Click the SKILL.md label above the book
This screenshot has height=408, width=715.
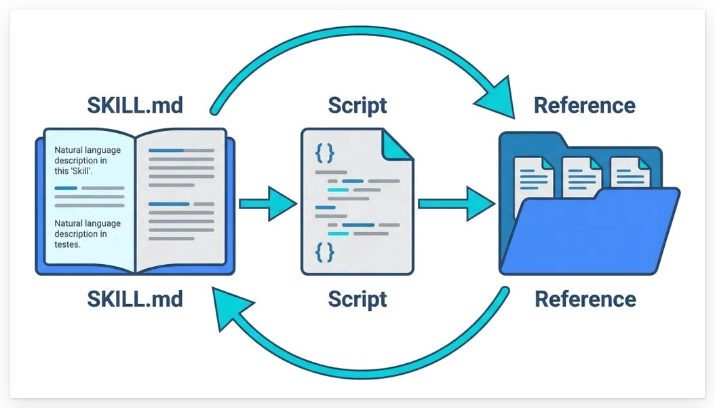tap(135, 105)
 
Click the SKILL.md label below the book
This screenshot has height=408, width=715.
tap(135, 299)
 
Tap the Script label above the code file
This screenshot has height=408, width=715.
tap(357, 105)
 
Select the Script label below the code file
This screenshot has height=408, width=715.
tap(357, 299)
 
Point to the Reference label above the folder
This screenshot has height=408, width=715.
tap(585, 105)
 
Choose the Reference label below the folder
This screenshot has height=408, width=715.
tap(585, 299)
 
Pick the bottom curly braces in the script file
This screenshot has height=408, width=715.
tap(325, 253)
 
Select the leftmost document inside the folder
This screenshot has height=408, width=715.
tap(534, 178)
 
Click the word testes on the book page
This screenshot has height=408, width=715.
tap(68, 244)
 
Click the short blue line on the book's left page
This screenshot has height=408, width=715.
tap(66, 188)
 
